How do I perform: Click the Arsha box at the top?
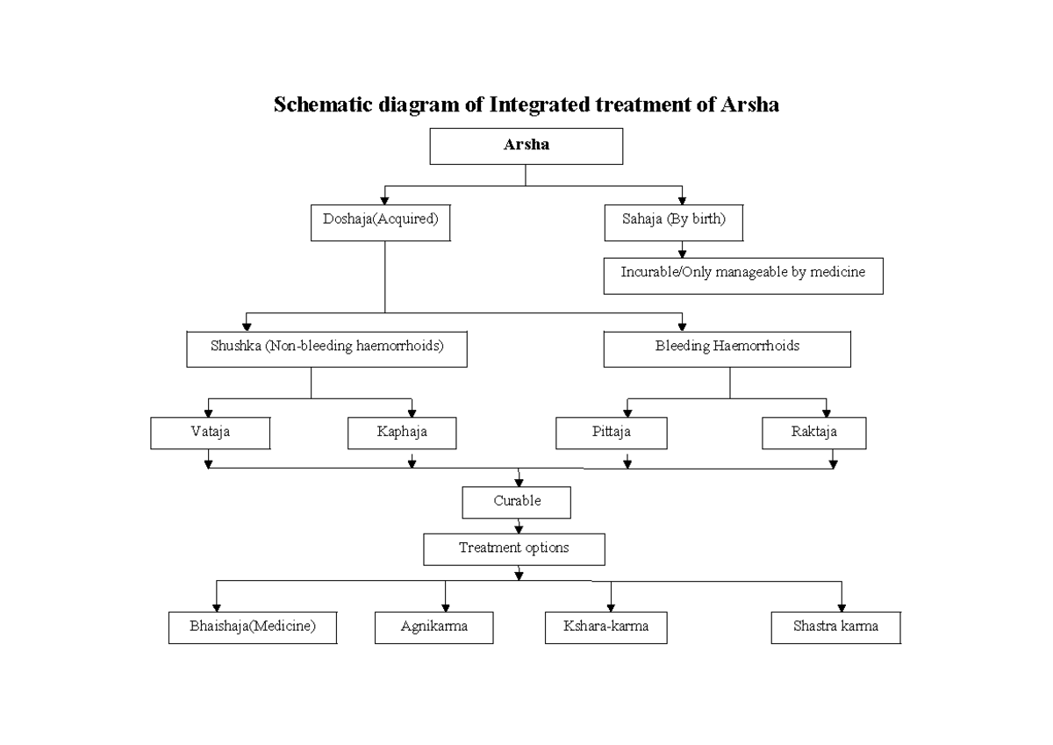(x=526, y=146)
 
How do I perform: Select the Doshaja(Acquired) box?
(x=380, y=223)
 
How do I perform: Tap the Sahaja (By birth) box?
(x=674, y=223)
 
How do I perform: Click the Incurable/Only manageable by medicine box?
(x=743, y=275)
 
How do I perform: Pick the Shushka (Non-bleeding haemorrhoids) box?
(x=326, y=348)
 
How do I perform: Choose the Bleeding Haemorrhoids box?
(x=727, y=348)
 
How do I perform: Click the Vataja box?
(x=210, y=433)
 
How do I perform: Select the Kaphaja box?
(x=402, y=433)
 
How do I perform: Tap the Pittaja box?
(x=611, y=433)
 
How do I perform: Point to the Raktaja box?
(x=813, y=433)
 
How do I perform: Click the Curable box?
(x=517, y=503)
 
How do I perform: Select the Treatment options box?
(x=514, y=549)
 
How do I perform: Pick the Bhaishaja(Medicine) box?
(x=253, y=628)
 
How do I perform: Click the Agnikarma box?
(x=433, y=628)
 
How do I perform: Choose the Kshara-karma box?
(x=606, y=628)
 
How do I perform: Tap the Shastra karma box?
(x=835, y=628)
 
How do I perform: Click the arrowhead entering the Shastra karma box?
(x=842, y=607)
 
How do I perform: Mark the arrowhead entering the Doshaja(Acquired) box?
(x=384, y=201)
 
